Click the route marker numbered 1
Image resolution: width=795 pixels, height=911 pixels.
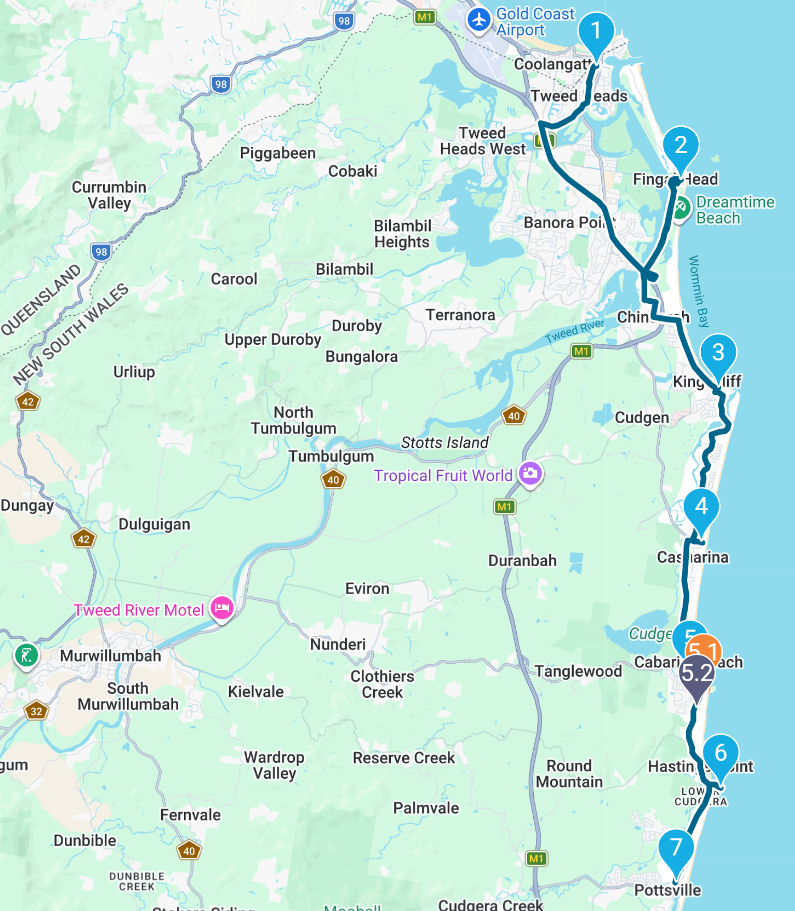coord(596,31)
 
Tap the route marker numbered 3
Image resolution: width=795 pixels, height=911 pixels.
coord(718,353)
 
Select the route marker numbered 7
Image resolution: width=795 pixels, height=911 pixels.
coord(676,849)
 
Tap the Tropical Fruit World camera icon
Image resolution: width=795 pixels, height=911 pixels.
coord(530,473)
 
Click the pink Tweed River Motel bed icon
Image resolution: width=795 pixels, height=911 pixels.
coord(222,608)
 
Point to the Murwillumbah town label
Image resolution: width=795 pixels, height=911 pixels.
coord(110,655)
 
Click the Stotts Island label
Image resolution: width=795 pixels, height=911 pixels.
coord(444,442)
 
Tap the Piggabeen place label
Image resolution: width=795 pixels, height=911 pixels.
coord(278,153)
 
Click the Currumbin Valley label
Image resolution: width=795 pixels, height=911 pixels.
coord(109,195)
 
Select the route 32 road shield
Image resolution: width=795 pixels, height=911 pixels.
coord(36,711)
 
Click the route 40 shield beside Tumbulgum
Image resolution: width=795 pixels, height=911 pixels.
coord(333,480)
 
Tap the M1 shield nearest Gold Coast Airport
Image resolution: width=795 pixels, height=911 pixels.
coord(424,17)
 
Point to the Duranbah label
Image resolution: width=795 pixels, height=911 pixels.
coord(522,560)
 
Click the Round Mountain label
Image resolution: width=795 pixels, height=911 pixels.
coord(569,774)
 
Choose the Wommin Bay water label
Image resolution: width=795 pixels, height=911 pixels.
coord(698,291)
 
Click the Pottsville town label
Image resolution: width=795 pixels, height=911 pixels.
coord(668,890)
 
